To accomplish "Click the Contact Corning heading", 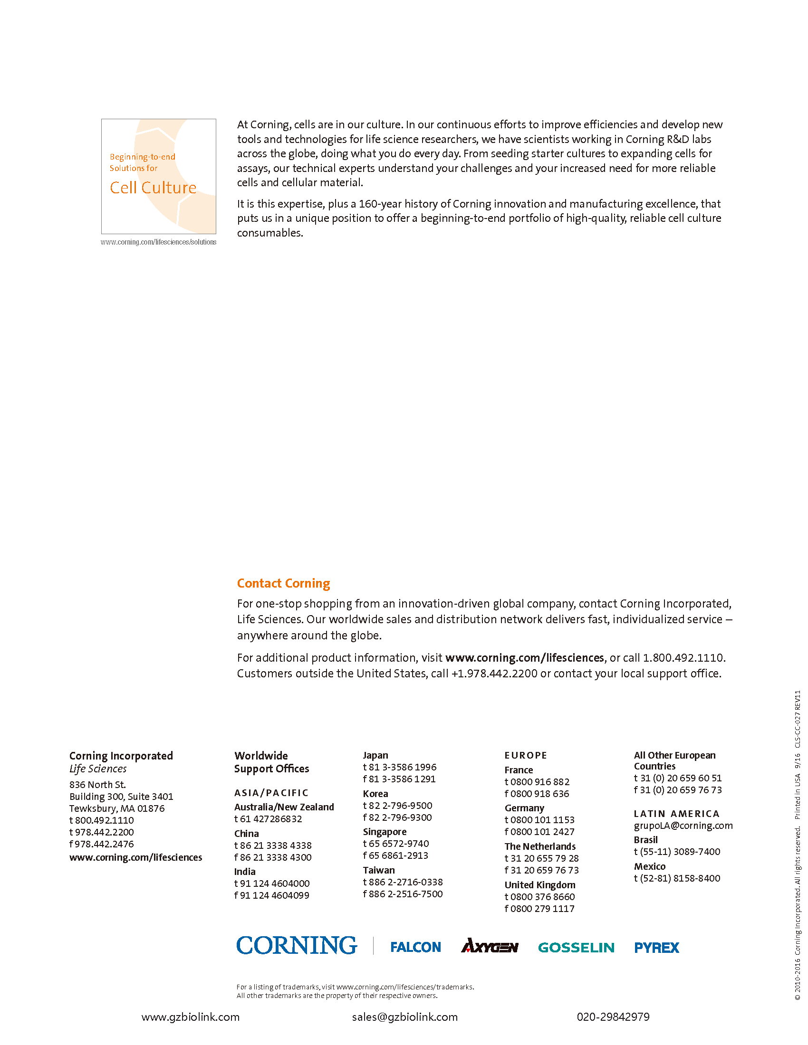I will pos(283,583).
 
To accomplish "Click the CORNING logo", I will pos(297,945).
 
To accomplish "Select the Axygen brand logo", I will pos(489,946).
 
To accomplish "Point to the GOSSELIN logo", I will pos(576,948).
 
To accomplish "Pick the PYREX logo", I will pos(656,948).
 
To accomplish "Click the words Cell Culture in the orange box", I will pos(153,188).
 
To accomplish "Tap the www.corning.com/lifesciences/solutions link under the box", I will pos(158,242).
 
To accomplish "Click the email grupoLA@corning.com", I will pos(683,826).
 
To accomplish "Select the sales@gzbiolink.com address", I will pos(404,1017).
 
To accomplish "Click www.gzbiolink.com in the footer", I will pos(191,1017).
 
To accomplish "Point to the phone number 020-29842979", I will pos(613,1017).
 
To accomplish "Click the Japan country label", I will pos(375,755).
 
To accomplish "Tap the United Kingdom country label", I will pos(539,885).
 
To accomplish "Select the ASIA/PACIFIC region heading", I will pos(271,793).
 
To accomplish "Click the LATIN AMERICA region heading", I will pos(676,813).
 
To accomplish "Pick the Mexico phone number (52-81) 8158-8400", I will pos(680,878).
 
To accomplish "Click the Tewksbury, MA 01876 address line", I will pos(117,808).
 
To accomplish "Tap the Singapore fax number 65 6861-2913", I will pos(399,855).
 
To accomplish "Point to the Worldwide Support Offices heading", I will pos(271,762).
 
